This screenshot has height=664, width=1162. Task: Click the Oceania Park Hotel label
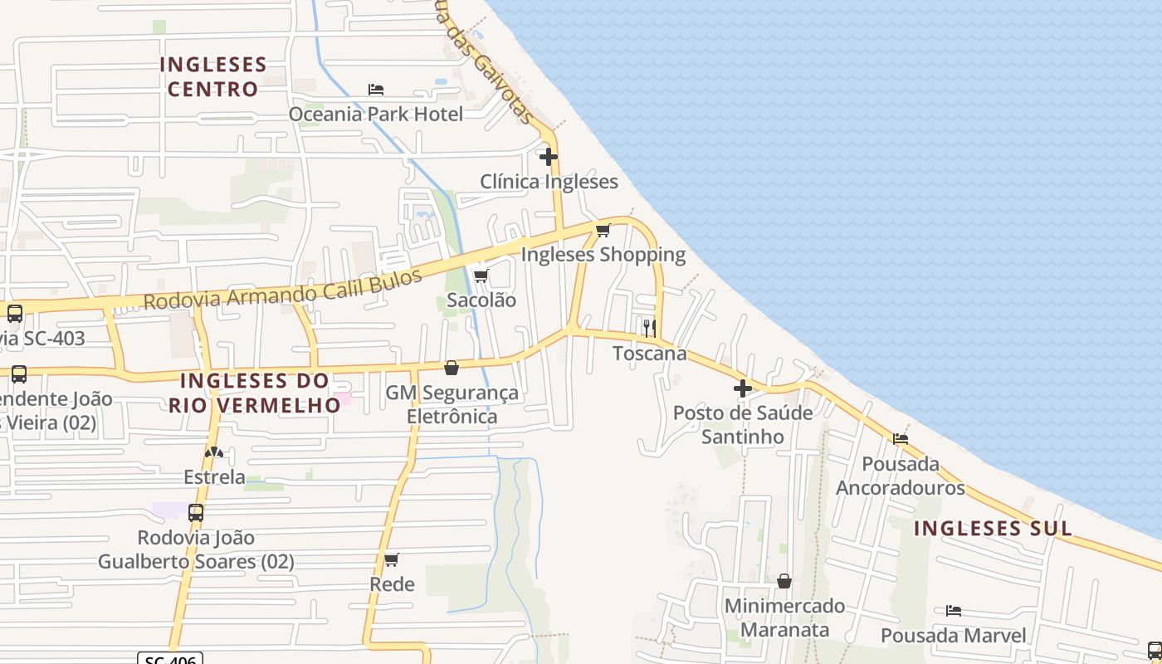[375, 114]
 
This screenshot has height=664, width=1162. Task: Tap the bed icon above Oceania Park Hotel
[376, 89]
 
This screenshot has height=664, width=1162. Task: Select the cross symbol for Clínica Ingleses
[548, 156]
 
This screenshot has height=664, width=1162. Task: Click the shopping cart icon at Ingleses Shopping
[603, 230]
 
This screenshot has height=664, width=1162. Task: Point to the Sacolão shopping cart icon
[481, 276]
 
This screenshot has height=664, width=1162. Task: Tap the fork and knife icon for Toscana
[649, 328]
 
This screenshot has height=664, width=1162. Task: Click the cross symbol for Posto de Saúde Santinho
[742, 388]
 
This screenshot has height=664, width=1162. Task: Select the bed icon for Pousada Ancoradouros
[901, 438]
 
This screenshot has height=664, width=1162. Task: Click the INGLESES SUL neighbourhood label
[993, 529]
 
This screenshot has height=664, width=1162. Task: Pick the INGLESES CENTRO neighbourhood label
[213, 76]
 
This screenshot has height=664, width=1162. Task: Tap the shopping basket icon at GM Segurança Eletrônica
[452, 367]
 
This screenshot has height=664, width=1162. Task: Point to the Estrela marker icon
[214, 452]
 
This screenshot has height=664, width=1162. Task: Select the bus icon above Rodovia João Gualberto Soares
[196, 513]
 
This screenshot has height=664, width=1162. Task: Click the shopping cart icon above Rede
[392, 559]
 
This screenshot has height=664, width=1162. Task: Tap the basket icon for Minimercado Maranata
[784, 581]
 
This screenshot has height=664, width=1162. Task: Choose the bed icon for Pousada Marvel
[954, 611]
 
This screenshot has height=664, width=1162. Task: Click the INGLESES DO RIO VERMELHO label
[255, 393]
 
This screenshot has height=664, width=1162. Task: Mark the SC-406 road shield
[170, 659]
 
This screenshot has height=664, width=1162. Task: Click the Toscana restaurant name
[650, 354]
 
